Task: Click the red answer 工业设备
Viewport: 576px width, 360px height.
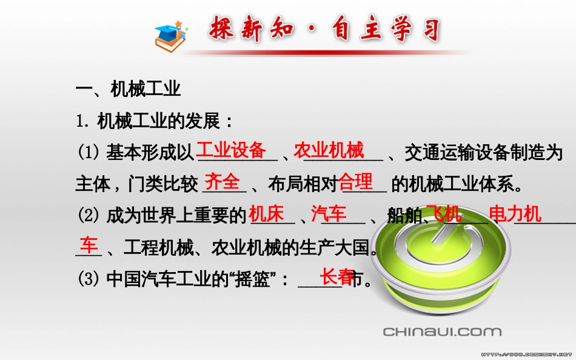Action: pyautogui.click(x=232, y=150)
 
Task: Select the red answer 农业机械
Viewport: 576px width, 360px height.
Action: pyautogui.click(x=329, y=150)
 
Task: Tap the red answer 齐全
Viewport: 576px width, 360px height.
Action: pyautogui.click(x=222, y=182)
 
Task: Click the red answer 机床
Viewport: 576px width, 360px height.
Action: pyautogui.click(x=266, y=213)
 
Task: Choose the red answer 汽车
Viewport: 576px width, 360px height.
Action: pyautogui.click(x=329, y=213)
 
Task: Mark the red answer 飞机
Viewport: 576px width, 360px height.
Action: pyautogui.click(x=444, y=213)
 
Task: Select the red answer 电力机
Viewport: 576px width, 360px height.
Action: pyautogui.click(x=515, y=213)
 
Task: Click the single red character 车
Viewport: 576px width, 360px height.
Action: pyautogui.click(x=89, y=245)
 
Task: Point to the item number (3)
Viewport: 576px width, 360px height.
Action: pyautogui.click(x=89, y=279)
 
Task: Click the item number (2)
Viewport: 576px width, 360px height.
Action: pyautogui.click(x=89, y=215)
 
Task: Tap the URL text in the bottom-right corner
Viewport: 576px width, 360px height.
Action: pyautogui.click(x=527, y=354)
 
